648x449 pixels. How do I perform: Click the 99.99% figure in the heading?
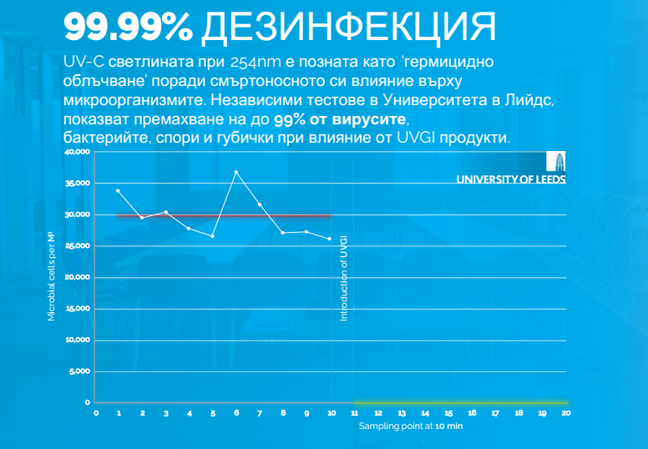pos(128,27)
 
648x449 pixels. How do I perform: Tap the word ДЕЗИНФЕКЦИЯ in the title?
pos(347,27)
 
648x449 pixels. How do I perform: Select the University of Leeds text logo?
pos(511,178)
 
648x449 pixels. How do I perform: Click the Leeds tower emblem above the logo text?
pos(555,162)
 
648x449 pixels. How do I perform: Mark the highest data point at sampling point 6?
pos(236,172)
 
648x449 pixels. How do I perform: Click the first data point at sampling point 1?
pos(119,191)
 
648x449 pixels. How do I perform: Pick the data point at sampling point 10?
pos(331,239)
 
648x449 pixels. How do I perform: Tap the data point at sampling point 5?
pos(213,236)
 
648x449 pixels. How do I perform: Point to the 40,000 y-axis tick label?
pos(77,153)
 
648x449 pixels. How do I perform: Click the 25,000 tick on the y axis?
pos(77,246)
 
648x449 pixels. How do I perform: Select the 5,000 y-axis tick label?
pos(79,371)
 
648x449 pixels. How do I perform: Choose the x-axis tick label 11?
pos(354,412)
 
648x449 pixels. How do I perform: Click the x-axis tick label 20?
pos(566,412)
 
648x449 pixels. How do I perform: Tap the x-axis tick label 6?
pos(236,412)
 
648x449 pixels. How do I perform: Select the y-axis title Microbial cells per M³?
pos(52,277)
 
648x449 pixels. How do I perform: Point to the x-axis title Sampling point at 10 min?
pos(411,426)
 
